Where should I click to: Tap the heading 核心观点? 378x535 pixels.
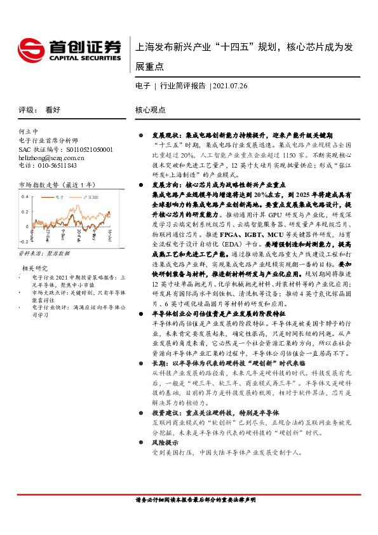pyautogui.click(x=150, y=110)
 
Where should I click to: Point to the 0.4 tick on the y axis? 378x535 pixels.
pyautogui.click(x=24, y=197)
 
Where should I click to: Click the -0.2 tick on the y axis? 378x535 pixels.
pyautogui.click(x=24, y=242)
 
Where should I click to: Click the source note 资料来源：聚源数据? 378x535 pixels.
pyautogui.click(x=44, y=253)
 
